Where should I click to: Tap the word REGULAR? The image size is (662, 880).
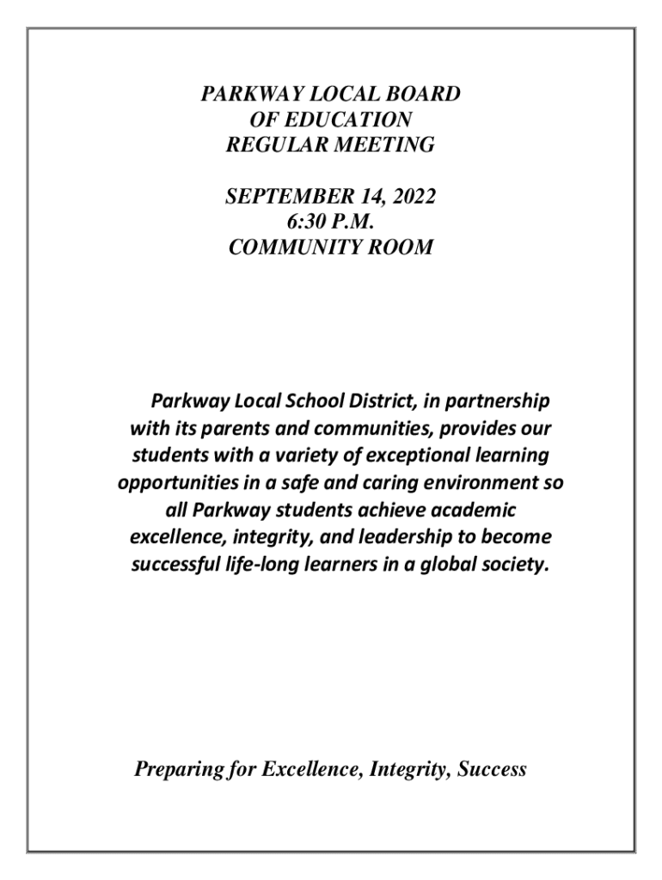point(274,145)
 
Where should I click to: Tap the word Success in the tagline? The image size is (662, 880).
point(492,770)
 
